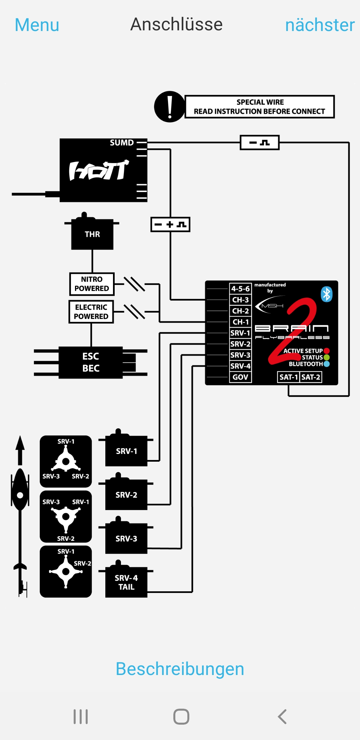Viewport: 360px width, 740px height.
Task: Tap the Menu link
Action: click(37, 25)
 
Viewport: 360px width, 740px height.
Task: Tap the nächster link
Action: click(320, 25)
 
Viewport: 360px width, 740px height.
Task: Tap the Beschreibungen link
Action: click(180, 669)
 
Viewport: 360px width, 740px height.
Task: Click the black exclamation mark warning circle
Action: click(170, 107)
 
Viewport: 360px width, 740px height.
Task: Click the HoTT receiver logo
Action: click(99, 171)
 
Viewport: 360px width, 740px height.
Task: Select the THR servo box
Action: click(92, 234)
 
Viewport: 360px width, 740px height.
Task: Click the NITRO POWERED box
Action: click(92, 284)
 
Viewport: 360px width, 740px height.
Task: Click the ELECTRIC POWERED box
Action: click(91, 312)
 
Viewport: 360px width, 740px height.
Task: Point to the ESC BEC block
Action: click(91, 362)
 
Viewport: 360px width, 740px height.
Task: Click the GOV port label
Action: click(240, 377)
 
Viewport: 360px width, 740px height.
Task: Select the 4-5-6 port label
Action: click(240, 289)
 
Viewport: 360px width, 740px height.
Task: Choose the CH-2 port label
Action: click(240, 311)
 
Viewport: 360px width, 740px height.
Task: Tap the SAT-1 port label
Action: click(288, 377)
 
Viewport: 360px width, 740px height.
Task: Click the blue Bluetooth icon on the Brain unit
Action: click(327, 294)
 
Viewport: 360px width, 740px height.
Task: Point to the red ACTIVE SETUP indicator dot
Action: click(327, 351)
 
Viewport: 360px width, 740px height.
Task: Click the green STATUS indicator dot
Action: click(327, 357)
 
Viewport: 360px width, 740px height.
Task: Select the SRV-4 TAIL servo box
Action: click(126, 582)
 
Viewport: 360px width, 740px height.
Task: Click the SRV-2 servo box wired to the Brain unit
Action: click(126, 495)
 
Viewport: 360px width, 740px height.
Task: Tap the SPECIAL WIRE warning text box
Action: click(259, 107)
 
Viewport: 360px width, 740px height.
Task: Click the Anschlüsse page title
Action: click(176, 24)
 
